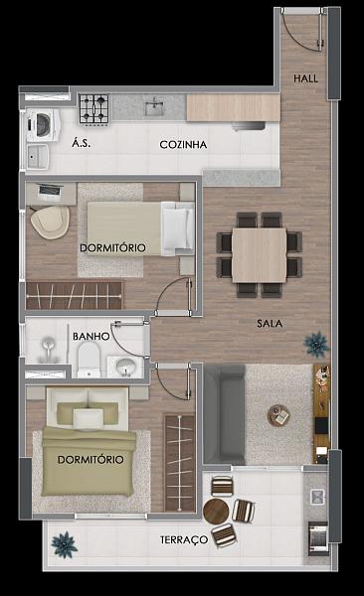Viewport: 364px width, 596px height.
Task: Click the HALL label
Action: (x=304, y=78)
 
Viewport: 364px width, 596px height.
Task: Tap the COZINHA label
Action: (x=183, y=145)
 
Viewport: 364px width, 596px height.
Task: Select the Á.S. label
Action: (x=82, y=145)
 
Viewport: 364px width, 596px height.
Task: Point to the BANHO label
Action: (x=90, y=337)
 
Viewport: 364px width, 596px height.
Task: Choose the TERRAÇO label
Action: (x=184, y=540)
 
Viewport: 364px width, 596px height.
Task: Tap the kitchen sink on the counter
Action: (x=155, y=105)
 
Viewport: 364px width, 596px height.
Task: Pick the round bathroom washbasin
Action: (x=124, y=368)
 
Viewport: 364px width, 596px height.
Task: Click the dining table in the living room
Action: (x=259, y=252)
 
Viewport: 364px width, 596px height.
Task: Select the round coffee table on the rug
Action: (x=278, y=413)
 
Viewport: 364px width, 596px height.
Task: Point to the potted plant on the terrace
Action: (x=65, y=543)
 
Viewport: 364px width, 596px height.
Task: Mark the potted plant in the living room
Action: (x=316, y=343)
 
